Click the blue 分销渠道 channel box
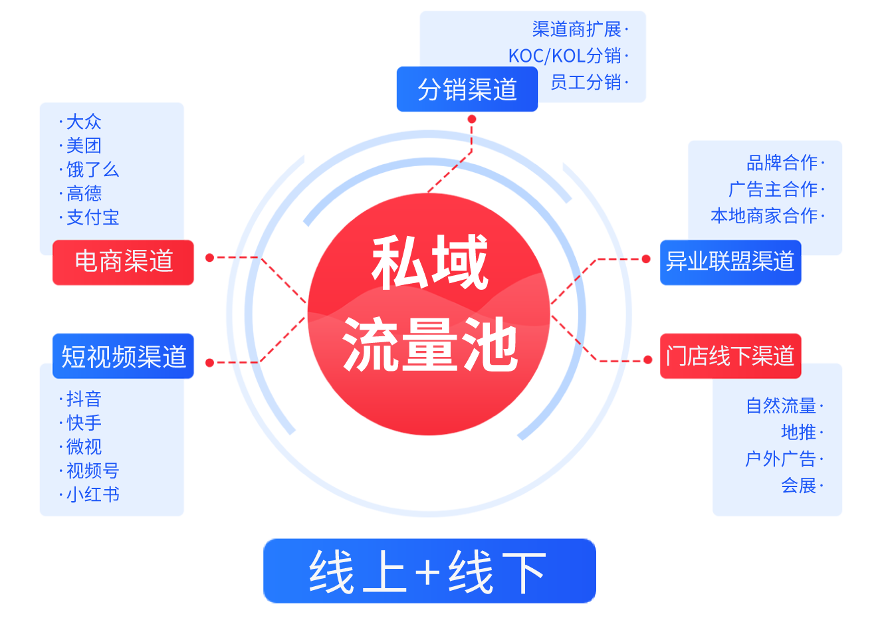(467, 89)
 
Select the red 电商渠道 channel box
(124, 262)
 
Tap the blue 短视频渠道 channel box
(124, 356)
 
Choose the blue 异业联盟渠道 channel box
(730, 262)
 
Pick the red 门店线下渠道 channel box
(730, 356)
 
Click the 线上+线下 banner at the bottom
(429, 572)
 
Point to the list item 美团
(84, 146)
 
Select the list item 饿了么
(92, 169)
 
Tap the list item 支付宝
(92, 217)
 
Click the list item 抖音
(84, 399)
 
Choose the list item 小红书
(92, 494)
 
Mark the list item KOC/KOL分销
(565, 56)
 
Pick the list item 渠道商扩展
(576, 29)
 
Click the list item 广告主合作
(773, 189)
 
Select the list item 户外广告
(780, 459)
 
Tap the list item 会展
(798, 485)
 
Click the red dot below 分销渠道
(472, 119)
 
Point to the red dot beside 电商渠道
(209, 257)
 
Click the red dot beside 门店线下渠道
(648, 360)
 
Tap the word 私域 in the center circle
(429, 263)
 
